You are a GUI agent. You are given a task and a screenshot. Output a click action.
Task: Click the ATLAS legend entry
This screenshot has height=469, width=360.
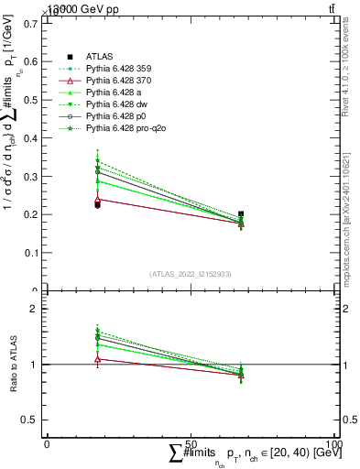click(x=99, y=57)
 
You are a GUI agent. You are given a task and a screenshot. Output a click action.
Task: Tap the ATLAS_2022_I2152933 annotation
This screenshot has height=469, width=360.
click(x=191, y=274)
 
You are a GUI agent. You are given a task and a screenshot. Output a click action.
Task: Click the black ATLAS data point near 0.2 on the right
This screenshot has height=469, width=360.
click(x=241, y=214)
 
